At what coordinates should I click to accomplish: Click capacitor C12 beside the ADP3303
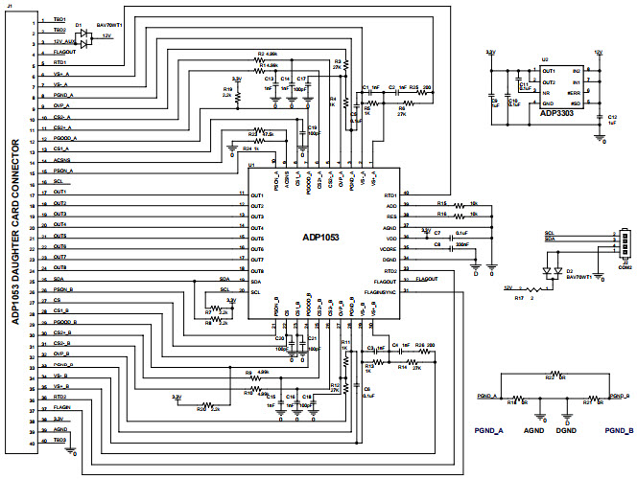coord(601,121)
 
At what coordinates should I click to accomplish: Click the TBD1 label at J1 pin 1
coord(59,20)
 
